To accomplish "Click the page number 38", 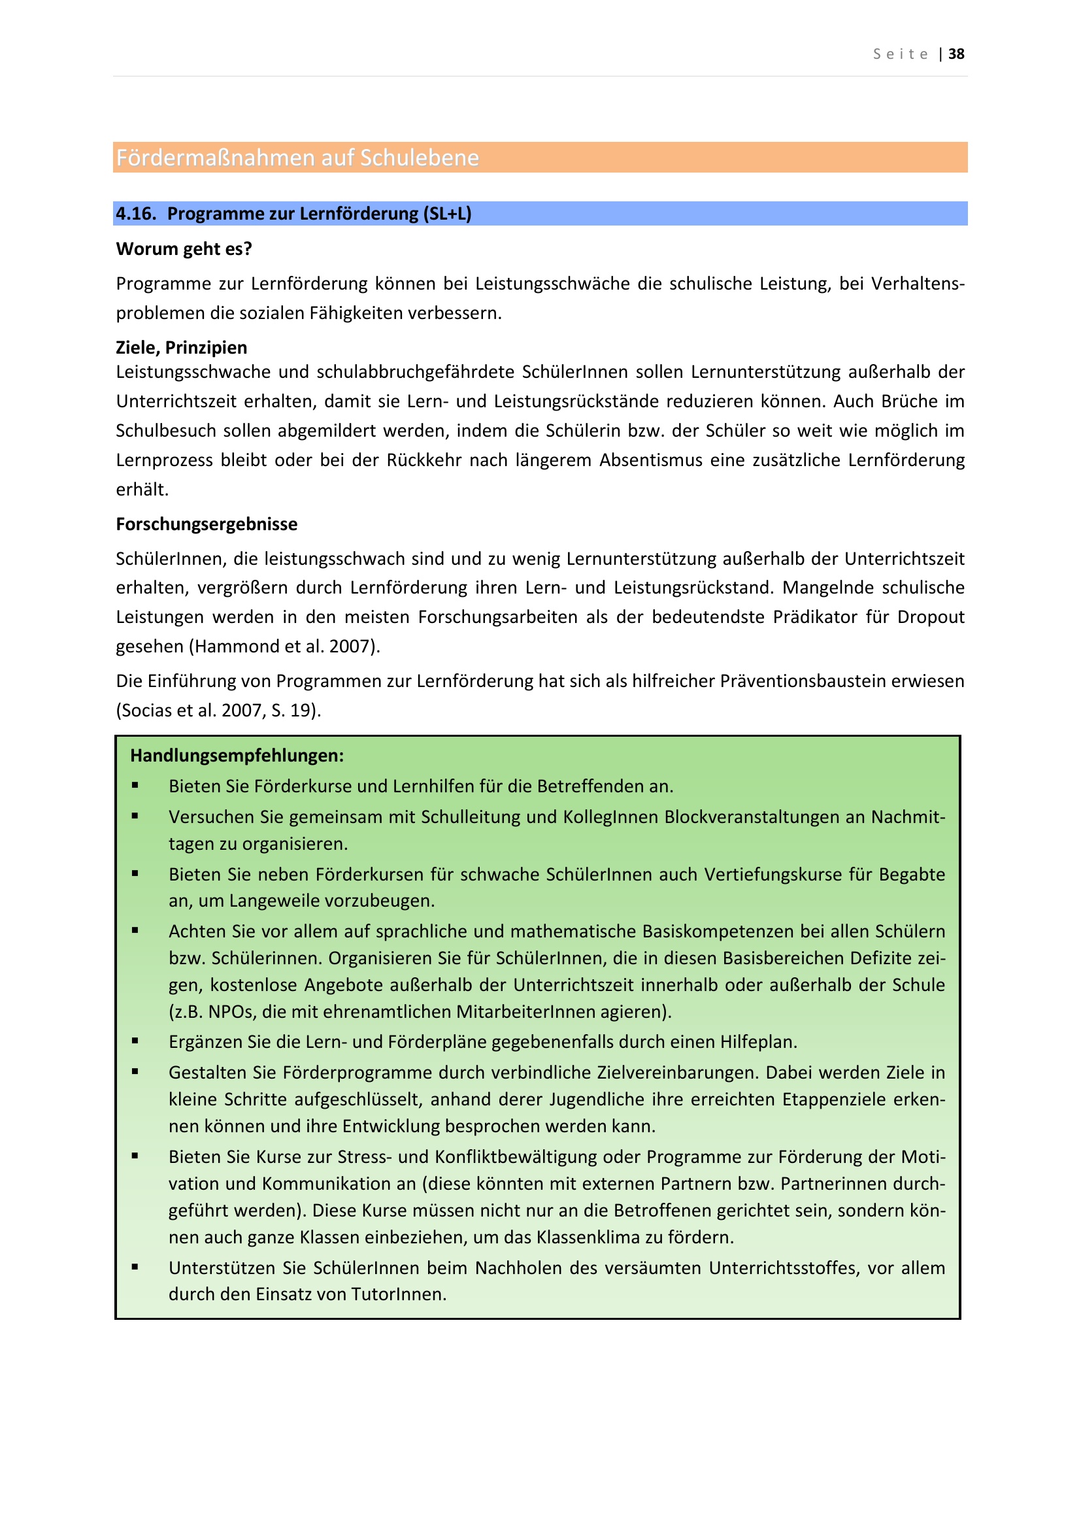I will pos(956,54).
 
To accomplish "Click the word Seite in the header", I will pos(901,54).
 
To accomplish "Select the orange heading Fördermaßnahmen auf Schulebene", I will pos(297,158).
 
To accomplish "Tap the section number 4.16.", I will pos(136,214).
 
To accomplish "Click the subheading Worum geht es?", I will pos(184,249).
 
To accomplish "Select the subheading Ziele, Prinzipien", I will pos(182,348).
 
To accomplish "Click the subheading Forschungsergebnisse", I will pos(207,524).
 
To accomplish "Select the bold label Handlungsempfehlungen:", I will pos(237,756).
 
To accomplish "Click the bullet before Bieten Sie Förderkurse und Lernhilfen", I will pos(135,786).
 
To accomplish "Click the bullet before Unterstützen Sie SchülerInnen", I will pos(135,1268).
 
